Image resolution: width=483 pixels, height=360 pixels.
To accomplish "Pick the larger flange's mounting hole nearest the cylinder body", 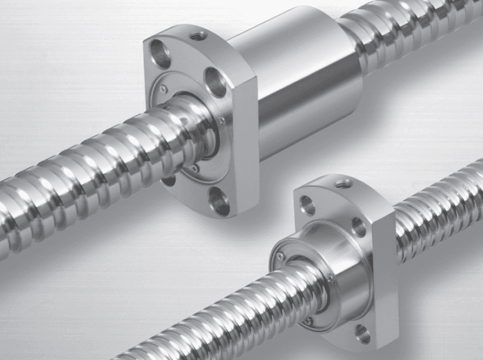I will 215,82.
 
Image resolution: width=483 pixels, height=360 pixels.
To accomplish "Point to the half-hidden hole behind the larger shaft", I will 170,179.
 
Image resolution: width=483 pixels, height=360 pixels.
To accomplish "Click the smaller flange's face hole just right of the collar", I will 358,227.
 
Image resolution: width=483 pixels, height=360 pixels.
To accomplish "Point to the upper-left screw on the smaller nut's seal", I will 279,257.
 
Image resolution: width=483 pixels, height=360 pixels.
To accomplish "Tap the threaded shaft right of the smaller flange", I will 436,221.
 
